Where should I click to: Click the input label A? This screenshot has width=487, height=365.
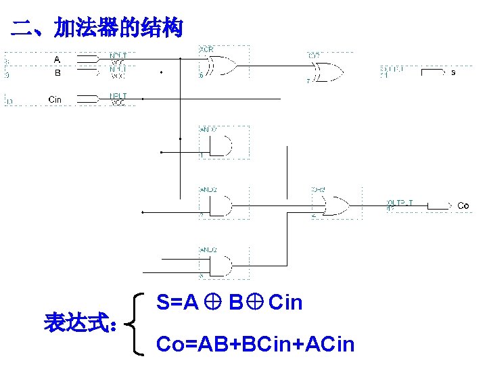(x=57, y=59)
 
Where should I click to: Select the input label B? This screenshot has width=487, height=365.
(x=57, y=72)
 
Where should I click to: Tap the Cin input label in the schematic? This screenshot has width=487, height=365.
(x=55, y=99)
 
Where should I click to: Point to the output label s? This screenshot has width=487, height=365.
(x=453, y=72)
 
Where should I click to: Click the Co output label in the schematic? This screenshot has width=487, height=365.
(x=463, y=205)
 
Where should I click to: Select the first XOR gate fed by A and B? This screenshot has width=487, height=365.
(x=223, y=65)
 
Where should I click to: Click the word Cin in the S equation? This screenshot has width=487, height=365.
(x=285, y=303)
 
